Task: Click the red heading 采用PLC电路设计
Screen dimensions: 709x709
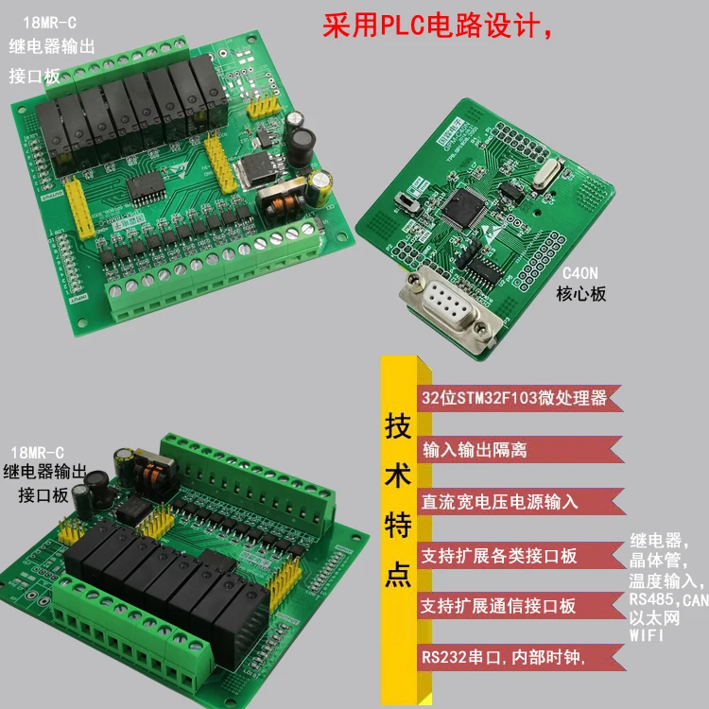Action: point(437,26)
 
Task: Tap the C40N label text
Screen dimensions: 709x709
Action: point(580,272)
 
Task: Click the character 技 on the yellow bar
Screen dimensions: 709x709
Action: point(398,426)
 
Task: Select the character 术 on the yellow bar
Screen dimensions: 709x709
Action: point(398,476)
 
